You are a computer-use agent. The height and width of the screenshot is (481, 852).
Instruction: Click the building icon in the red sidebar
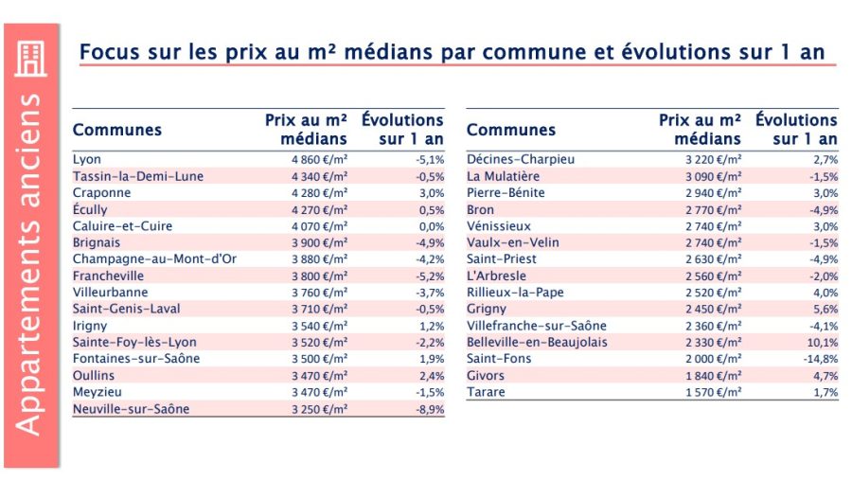(31, 60)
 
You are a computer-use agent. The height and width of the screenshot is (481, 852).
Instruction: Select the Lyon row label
(87, 159)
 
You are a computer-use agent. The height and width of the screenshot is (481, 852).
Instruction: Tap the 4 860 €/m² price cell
(320, 159)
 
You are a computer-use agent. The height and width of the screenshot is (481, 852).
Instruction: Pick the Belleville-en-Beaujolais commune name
(537, 343)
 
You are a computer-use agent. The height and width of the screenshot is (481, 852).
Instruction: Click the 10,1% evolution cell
(823, 343)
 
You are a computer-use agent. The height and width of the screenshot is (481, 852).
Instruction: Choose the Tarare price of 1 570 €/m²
(714, 392)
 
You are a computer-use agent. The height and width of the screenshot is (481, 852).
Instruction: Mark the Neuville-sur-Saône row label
(131, 409)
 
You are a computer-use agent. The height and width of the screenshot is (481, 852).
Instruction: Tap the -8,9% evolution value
(431, 409)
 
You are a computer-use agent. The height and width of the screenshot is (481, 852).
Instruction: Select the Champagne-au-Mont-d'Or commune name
(155, 259)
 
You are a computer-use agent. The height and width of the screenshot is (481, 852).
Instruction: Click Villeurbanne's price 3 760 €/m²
(320, 293)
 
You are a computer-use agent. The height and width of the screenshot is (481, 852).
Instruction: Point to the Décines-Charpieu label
(521, 159)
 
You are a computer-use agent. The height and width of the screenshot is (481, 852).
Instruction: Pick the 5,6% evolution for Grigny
(825, 310)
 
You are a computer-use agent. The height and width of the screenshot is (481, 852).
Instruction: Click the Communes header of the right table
(511, 130)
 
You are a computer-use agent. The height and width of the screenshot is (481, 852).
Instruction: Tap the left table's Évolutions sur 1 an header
(402, 130)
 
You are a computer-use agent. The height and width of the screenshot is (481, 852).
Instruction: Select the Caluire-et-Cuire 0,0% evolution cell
(432, 226)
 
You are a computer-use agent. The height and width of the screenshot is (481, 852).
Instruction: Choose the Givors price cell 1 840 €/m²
(714, 376)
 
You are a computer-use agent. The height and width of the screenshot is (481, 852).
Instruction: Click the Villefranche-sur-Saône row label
(537, 326)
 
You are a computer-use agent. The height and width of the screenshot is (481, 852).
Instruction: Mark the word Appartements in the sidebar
(28, 325)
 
